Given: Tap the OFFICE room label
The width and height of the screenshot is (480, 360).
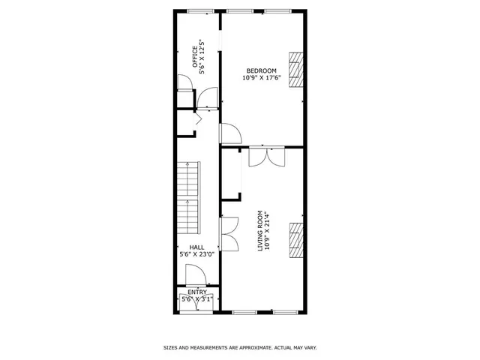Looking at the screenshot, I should click(x=194, y=57).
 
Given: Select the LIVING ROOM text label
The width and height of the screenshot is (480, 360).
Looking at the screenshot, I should click(x=261, y=229).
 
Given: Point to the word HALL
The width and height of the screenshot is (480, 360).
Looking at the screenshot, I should click(x=196, y=247).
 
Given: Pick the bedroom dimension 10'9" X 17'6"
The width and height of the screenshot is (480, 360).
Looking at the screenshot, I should click(x=259, y=77).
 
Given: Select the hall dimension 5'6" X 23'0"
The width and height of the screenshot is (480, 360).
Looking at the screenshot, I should click(x=196, y=254).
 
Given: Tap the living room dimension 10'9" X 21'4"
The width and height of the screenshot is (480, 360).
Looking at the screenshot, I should click(x=268, y=229).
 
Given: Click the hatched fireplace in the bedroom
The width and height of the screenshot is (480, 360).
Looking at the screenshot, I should click(x=298, y=67).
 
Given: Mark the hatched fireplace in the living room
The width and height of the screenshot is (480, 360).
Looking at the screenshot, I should click(x=298, y=240).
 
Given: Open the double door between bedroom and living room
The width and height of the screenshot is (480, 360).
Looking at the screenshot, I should click(x=266, y=154).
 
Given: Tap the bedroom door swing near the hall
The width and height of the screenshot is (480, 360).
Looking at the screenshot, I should click(x=229, y=133).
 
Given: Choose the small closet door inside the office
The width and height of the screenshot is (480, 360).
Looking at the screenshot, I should click(x=184, y=83).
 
